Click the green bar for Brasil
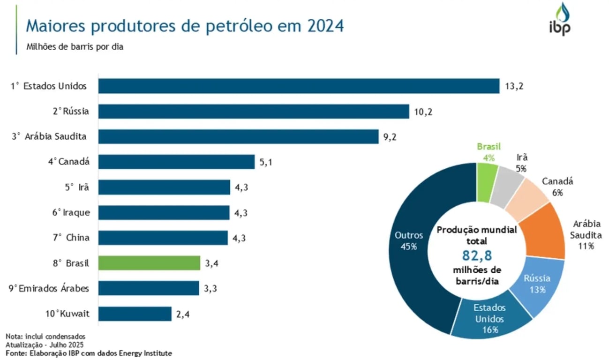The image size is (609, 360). (149, 263)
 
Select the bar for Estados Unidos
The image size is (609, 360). (299, 86)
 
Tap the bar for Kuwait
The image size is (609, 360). (135, 314)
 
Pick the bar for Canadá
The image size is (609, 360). (176, 162)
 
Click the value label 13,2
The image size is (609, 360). (514, 86)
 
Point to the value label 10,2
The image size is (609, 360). (424, 112)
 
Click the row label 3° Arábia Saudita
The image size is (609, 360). (49, 136)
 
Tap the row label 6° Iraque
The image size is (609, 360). (71, 212)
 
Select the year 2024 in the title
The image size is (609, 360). (326, 26)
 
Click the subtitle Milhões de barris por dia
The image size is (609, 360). (75, 47)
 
